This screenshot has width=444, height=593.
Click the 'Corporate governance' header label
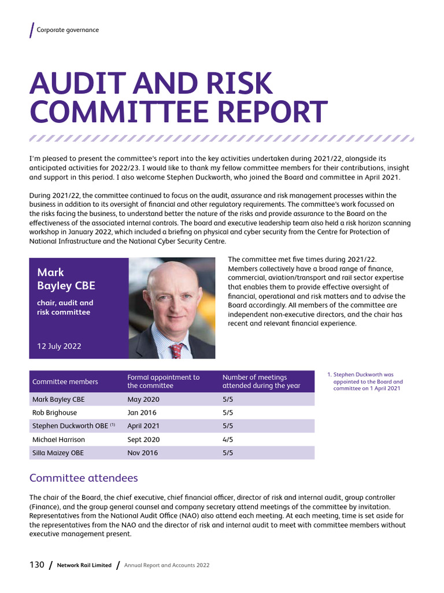[68, 30]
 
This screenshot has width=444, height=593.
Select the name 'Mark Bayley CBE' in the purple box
[66, 279]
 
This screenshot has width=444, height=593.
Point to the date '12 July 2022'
[59, 346]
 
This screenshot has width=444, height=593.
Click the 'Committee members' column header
[65, 382]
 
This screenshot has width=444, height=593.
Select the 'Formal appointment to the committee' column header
[163, 382]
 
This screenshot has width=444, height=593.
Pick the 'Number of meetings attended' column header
[261, 382]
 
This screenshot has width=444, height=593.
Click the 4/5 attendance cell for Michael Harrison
[228, 440]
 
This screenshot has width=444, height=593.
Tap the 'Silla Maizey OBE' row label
[58, 453]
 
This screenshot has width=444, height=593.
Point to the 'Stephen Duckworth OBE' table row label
[71, 426]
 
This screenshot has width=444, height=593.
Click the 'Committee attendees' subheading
[83, 478]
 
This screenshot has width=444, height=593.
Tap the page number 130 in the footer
[36, 565]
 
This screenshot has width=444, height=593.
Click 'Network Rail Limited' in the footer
[84, 565]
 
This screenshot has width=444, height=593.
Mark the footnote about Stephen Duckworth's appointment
[367, 382]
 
